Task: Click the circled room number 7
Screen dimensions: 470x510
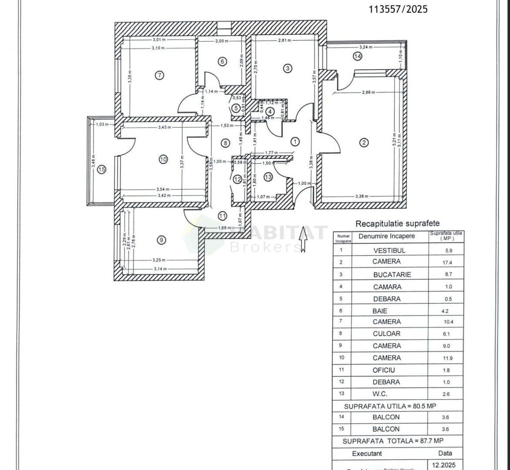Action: tap(160, 75)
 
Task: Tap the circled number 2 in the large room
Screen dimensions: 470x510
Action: tap(364, 142)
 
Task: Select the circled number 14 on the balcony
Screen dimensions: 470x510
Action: tap(357, 56)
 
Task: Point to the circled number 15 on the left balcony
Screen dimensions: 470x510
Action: tap(101, 170)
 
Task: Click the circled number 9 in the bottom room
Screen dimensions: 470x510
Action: tap(161, 240)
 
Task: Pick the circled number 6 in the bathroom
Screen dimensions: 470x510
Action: tap(222, 62)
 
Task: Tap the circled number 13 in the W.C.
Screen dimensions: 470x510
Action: tap(268, 177)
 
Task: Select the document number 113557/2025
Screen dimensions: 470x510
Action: tap(398, 9)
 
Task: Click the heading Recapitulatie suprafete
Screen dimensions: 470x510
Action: tap(398, 224)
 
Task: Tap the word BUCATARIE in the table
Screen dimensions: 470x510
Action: tap(392, 275)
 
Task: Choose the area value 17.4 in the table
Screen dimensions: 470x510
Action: tap(446, 262)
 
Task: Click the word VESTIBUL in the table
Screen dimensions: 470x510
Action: tap(389, 251)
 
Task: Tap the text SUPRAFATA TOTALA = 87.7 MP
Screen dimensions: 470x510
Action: tap(387, 441)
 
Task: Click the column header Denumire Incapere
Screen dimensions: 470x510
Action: tap(386, 236)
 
